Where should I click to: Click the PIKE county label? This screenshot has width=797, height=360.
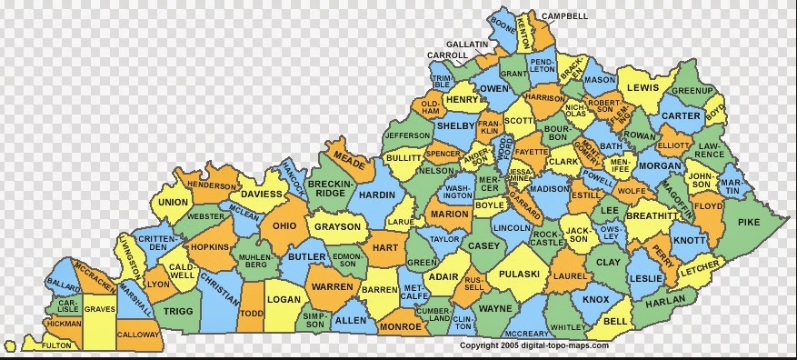pos(749,222)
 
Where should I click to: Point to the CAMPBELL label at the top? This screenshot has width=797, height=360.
pos(564,16)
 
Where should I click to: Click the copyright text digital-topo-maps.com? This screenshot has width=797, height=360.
pos(533,346)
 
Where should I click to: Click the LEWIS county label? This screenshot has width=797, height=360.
pos(643,88)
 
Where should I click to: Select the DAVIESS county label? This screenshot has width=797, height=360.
pos(262,194)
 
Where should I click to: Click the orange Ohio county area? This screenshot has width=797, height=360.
pos(285,225)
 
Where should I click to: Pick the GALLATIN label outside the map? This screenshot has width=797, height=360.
pos(467,44)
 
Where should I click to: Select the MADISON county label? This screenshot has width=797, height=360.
pos(549,189)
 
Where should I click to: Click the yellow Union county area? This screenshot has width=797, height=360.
pos(173,202)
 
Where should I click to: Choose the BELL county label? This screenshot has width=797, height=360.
pos(616,322)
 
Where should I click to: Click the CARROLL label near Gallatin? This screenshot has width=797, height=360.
pos(448,55)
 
